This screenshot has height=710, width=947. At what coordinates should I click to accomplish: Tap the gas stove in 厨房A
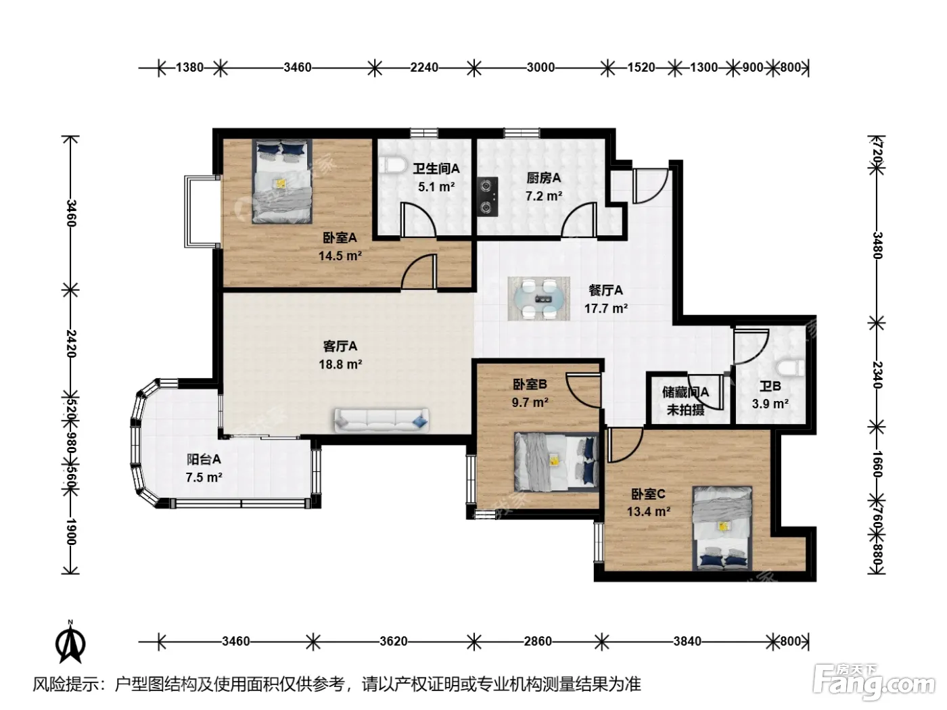click(488, 197)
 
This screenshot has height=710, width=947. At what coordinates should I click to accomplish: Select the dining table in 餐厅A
click(539, 298)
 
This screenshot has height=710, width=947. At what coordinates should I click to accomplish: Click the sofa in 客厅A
click(382, 421)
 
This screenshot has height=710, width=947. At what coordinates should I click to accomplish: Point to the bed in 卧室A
click(282, 181)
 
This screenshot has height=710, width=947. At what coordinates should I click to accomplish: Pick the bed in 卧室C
click(722, 529)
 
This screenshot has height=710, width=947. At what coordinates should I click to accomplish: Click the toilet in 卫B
click(790, 369)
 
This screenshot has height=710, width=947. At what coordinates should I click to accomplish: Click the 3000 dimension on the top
click(540, 68)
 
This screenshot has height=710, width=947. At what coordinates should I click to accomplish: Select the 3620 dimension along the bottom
click(394, 641)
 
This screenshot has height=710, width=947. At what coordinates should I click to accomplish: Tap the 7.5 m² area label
click(204, 477)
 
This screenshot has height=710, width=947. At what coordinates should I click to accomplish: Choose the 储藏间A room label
click(685, 392)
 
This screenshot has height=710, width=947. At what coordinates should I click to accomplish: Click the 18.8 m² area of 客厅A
click(340, 364)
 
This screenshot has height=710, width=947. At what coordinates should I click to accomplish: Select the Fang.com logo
click(874, 683)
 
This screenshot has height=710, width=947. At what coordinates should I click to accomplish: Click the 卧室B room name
click(530, 383)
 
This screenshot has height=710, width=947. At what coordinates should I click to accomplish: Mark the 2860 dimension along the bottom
click(538, 641)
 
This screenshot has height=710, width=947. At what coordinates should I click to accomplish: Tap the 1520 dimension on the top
click(641, 68)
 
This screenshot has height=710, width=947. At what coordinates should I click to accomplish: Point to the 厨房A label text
click(544, 178)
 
